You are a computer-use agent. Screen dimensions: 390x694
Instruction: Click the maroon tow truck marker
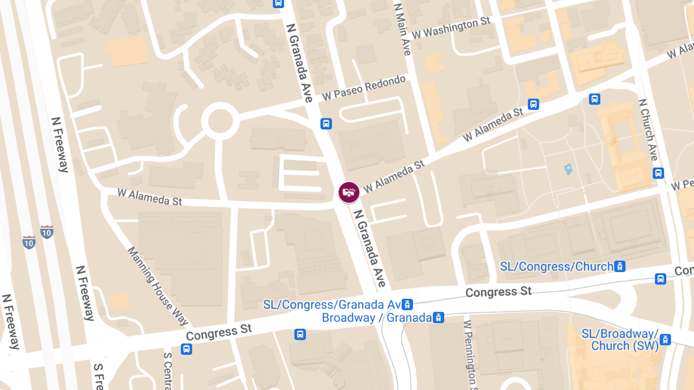[x=349, y=192]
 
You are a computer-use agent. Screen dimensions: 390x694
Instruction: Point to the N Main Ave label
[x=402, y=29]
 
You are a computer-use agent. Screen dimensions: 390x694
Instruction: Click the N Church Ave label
[x=648, y=129]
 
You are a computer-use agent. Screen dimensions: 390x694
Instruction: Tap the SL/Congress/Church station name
[x=556, y=266]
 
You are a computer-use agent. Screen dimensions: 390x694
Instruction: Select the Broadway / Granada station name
[x=376, y=317]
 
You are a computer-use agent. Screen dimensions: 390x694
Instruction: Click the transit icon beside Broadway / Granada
[x=439, y=317]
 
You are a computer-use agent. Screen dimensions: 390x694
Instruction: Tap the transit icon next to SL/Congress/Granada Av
[x=408, y=304]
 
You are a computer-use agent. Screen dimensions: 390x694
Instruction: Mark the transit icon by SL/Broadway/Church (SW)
[x=666, y=340]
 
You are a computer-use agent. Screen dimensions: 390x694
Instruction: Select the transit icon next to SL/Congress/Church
[x=619, y=266]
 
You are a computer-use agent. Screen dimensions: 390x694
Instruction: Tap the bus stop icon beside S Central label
[x=186, y=349]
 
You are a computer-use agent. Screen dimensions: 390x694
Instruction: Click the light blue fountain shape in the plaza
[x=568, y=170]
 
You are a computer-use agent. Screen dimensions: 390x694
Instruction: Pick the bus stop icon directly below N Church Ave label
[x=658, y=173]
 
